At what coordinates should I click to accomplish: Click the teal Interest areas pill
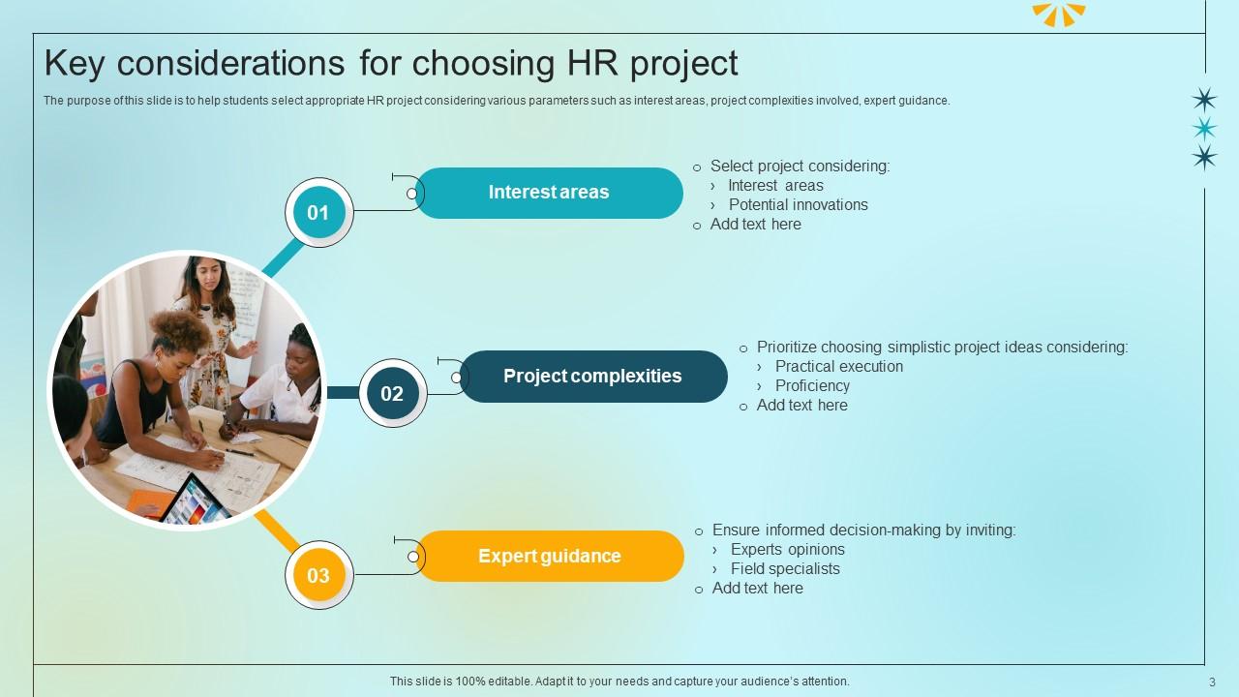pyautogui.click(x=549, y=193)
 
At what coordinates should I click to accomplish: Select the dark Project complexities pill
pyautogui.click(x=592, y=377)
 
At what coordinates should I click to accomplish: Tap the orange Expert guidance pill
pyautogui.click(x=550, y=557)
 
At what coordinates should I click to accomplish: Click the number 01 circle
pyautogui.click(x=318, y=213)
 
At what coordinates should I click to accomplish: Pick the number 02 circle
pyautogui.click(x=392, y=394)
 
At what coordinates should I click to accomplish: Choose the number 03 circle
pyautogui.click(x=318, y=576)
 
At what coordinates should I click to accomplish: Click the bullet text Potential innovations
pyautogui.click(x=798, y=204)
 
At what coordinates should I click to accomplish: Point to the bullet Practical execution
pyautogui.click(x=838, y=366)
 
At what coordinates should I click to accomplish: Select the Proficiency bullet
pyautogui.click(x=812, y=385)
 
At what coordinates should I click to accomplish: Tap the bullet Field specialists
pyautogui.click(x=785, y=568)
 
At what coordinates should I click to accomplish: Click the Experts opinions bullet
pyautogui.click(x=787, y=549)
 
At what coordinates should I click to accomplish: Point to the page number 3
pyautogui.click(x=1212, y=682)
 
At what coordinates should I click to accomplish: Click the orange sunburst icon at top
pyautogui.click(x=1058, y=14)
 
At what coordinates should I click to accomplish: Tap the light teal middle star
pyautogui.click(x=1204, y=128)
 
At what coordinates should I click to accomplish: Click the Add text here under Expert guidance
pyautogui.click(x=757, y=588)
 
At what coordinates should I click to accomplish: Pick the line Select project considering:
pyautogui.click(x=800, y=166)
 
